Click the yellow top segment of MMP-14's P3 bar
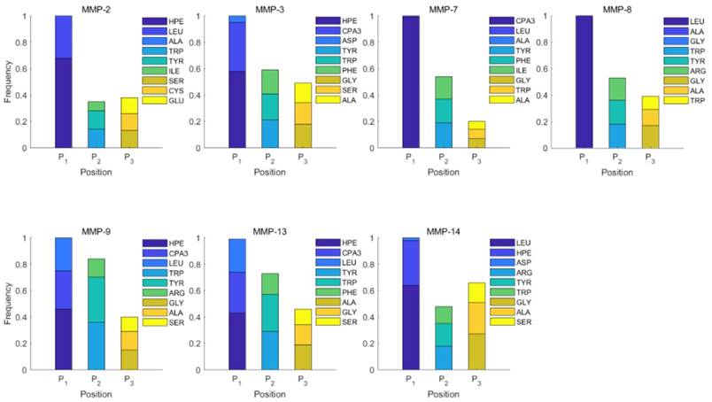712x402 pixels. [477, 292]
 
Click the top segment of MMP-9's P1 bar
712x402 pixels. [63, 254]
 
